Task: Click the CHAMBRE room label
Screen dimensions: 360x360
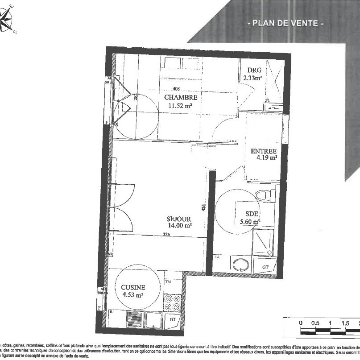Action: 180,98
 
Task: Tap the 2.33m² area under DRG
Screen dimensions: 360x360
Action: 252,78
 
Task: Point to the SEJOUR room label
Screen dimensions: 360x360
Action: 178,219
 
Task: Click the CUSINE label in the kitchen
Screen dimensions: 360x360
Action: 133,288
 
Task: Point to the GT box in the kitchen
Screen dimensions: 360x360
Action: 172,320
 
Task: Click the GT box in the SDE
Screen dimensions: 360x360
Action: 265,267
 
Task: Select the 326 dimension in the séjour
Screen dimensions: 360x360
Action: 166,234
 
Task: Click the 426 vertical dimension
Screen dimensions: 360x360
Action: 203,208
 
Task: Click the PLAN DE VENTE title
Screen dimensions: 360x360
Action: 285,23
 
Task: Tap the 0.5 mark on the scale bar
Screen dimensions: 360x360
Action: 315,323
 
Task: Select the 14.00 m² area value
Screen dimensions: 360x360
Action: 180,226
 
